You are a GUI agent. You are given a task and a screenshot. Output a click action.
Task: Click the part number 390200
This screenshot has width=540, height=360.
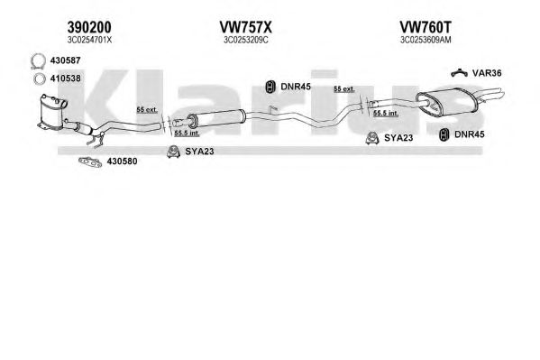click(x=89, y=27)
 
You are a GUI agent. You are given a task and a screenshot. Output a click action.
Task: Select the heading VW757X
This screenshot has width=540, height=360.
click(x=245, y=27)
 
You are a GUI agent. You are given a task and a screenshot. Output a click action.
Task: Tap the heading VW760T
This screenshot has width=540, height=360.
click(x=426, y=27)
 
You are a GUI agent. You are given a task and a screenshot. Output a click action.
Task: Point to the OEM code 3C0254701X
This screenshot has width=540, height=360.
click(x=89, y=40)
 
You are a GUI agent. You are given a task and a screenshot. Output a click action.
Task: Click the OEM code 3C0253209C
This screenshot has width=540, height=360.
click(x=246, y=40)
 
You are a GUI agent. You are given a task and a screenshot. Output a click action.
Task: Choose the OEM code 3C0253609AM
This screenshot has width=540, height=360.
click(x=426, y=40)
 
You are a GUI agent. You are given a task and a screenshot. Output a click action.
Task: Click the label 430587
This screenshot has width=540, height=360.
click(x=66, y=60)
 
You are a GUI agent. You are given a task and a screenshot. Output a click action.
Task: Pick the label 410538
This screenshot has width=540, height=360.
click(x=66, y=78)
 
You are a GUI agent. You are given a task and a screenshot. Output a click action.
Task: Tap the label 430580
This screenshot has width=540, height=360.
click(x=122, y=161)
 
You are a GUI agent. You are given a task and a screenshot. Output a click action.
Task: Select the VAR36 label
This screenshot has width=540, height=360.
click(x=487, y=73)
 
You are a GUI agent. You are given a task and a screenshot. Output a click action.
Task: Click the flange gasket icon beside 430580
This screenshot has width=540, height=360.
click(x=90, y=162)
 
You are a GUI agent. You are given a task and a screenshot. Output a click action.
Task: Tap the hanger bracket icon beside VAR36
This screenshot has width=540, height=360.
click(x=459, y=72)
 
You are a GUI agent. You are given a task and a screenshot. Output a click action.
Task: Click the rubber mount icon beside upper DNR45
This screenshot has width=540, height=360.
click(x=270, y=87)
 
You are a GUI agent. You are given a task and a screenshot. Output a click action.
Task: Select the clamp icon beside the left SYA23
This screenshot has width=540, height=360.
click(x=173, y=152)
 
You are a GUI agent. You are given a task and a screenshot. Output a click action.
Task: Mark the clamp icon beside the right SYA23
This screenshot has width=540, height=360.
click(x=372, y=138)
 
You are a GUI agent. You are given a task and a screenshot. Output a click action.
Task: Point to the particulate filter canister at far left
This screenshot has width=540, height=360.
click(x=52, y=111)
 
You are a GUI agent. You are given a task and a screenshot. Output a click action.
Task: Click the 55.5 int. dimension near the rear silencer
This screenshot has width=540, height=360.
click(x=386, y=113)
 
